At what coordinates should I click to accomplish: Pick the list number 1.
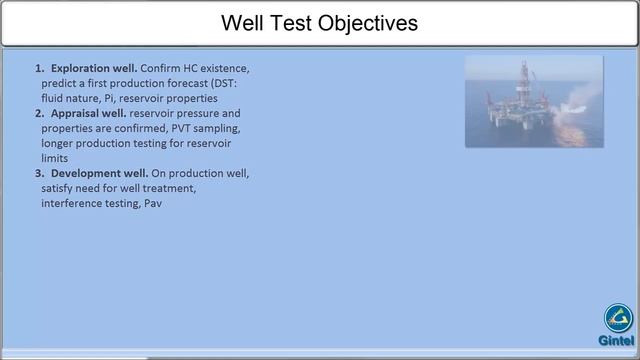coord(39,68)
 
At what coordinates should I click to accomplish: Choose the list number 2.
coord(39,113)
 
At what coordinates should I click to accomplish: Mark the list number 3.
coord(39,173)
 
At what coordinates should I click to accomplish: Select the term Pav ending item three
coord(152,203)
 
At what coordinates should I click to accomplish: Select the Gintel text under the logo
coord(616,340)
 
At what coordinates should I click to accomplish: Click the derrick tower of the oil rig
coord(521,80)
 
